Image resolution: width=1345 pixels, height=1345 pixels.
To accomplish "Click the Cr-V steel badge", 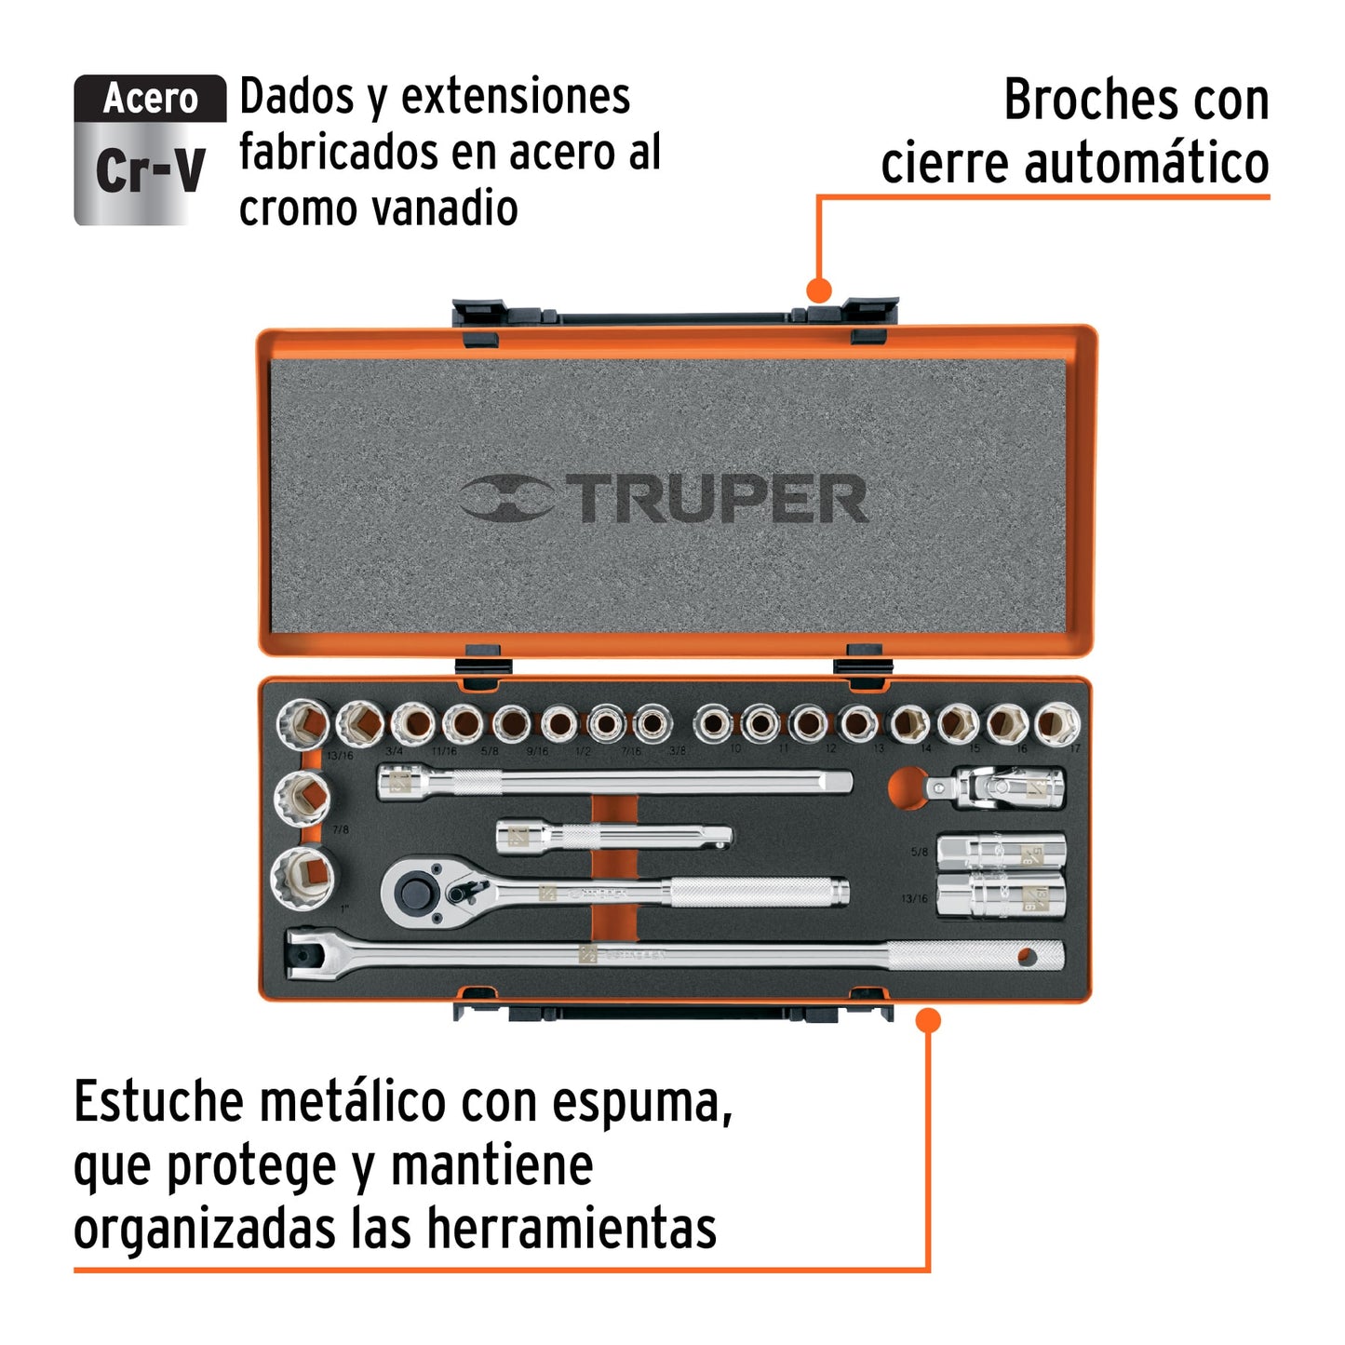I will click(150, 150).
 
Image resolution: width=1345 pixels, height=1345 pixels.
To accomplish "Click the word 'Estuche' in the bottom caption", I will click(158, 1102).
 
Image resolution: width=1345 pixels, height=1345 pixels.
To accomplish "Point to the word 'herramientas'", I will click(572, 1228).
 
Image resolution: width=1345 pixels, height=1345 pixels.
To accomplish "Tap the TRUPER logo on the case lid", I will click(665, 498).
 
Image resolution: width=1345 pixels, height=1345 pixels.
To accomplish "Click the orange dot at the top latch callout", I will click(818, 290).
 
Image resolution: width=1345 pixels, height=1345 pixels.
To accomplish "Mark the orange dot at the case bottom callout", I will click(927, 1020).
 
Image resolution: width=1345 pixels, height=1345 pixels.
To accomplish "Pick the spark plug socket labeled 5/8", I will click(1001, 851).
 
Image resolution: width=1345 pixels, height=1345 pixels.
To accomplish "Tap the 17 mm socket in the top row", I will click(1056, 723).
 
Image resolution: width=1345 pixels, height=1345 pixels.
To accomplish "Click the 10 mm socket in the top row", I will click(714, 723).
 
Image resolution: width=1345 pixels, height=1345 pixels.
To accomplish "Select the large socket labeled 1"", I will click(304, 876).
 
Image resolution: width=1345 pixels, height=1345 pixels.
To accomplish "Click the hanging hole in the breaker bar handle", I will click(1027, 956).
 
